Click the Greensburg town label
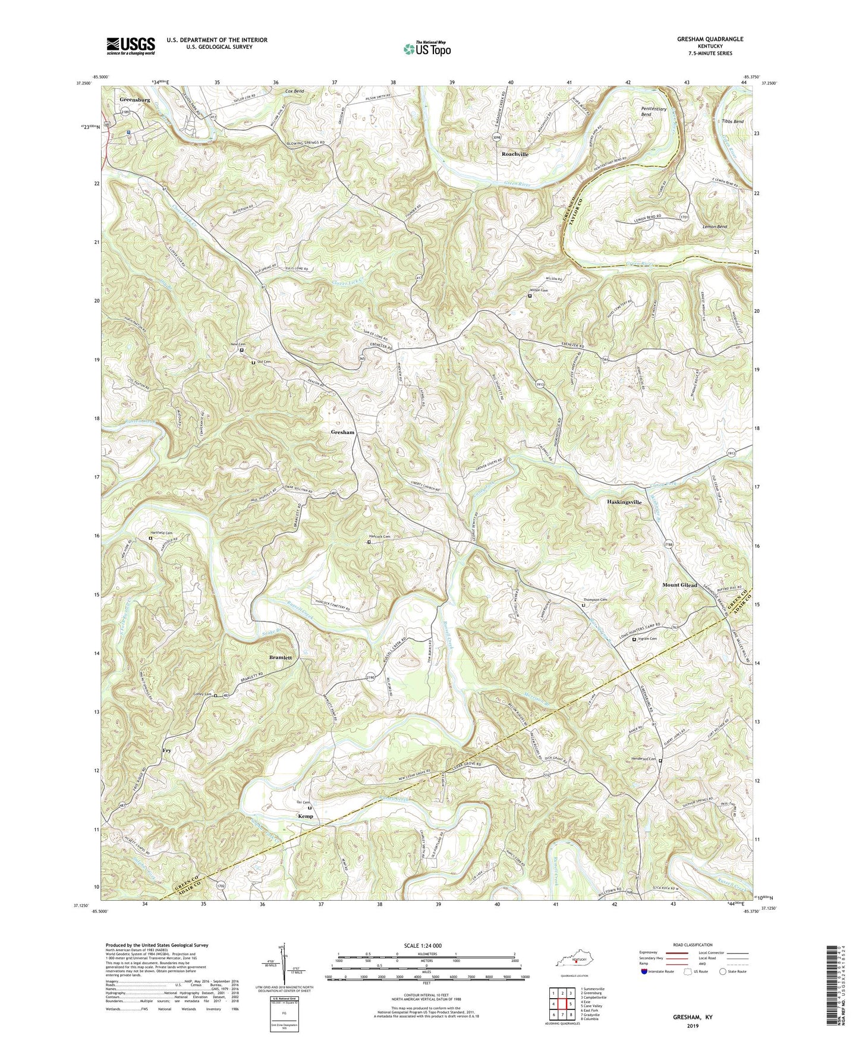point(134,100)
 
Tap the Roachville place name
point(515,154)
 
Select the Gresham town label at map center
point(342,432)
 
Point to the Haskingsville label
point(624,502)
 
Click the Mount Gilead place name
point(679,585)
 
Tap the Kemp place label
point(305,816)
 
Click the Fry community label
point(167,751)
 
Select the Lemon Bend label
point(715,227)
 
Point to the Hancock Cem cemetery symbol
point(369,542)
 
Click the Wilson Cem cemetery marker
point(530,295)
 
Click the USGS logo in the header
point(130,45)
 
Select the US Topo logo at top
point(426,49)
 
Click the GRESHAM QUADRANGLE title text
point(710,39)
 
